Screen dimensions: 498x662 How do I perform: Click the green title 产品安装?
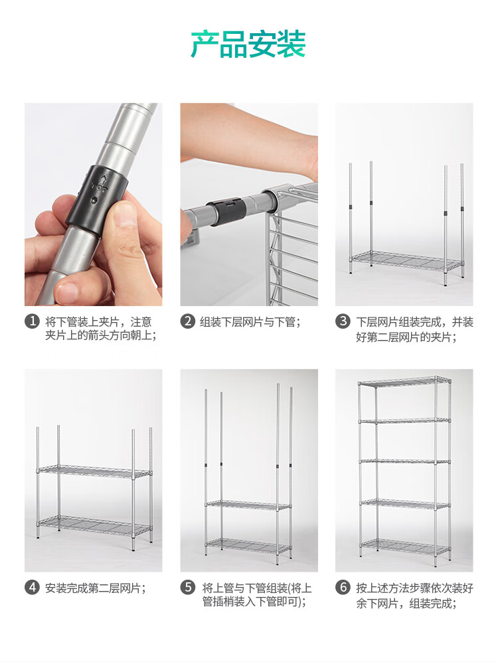[x=248, y=44]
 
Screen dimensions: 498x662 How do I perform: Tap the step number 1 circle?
[x=32, y=322]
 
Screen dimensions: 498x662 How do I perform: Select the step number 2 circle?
[x=187, y=322]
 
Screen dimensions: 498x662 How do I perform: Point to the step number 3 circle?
[x=343, y=322]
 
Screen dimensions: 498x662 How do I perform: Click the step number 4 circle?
[x=32, y=587]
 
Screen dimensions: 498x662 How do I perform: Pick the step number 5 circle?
[x=187, y=587]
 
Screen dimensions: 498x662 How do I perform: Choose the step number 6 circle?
[x=343, y=587]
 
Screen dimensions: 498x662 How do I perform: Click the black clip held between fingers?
[x=97, y=199]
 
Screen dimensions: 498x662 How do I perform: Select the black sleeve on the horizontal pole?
[x=227, y=212]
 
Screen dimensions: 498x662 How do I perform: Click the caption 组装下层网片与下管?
[x=250, y=322]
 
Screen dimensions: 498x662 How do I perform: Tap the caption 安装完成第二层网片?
[x=96, y=588]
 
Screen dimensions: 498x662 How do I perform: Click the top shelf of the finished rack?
[x=404, y=382]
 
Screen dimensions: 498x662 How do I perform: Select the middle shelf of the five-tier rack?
[x=405, y=461]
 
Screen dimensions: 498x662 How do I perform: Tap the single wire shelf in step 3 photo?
[x=406, y=262]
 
